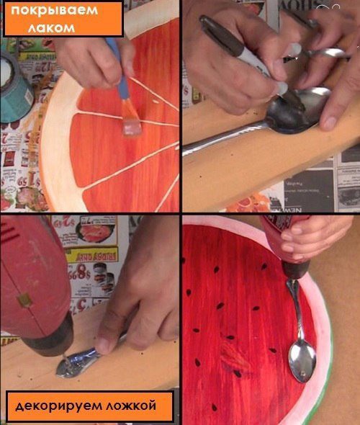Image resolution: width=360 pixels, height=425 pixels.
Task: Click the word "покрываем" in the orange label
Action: click(x=54, y=10)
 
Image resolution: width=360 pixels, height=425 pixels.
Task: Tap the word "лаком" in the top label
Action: click(x=51, y=27)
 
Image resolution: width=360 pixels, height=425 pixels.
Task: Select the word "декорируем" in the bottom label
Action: click(x=58, y=406)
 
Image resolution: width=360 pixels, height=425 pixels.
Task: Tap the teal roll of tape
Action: click(x=15, y=86)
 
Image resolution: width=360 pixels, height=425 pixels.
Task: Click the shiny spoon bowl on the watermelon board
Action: click(x=302, y=362)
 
